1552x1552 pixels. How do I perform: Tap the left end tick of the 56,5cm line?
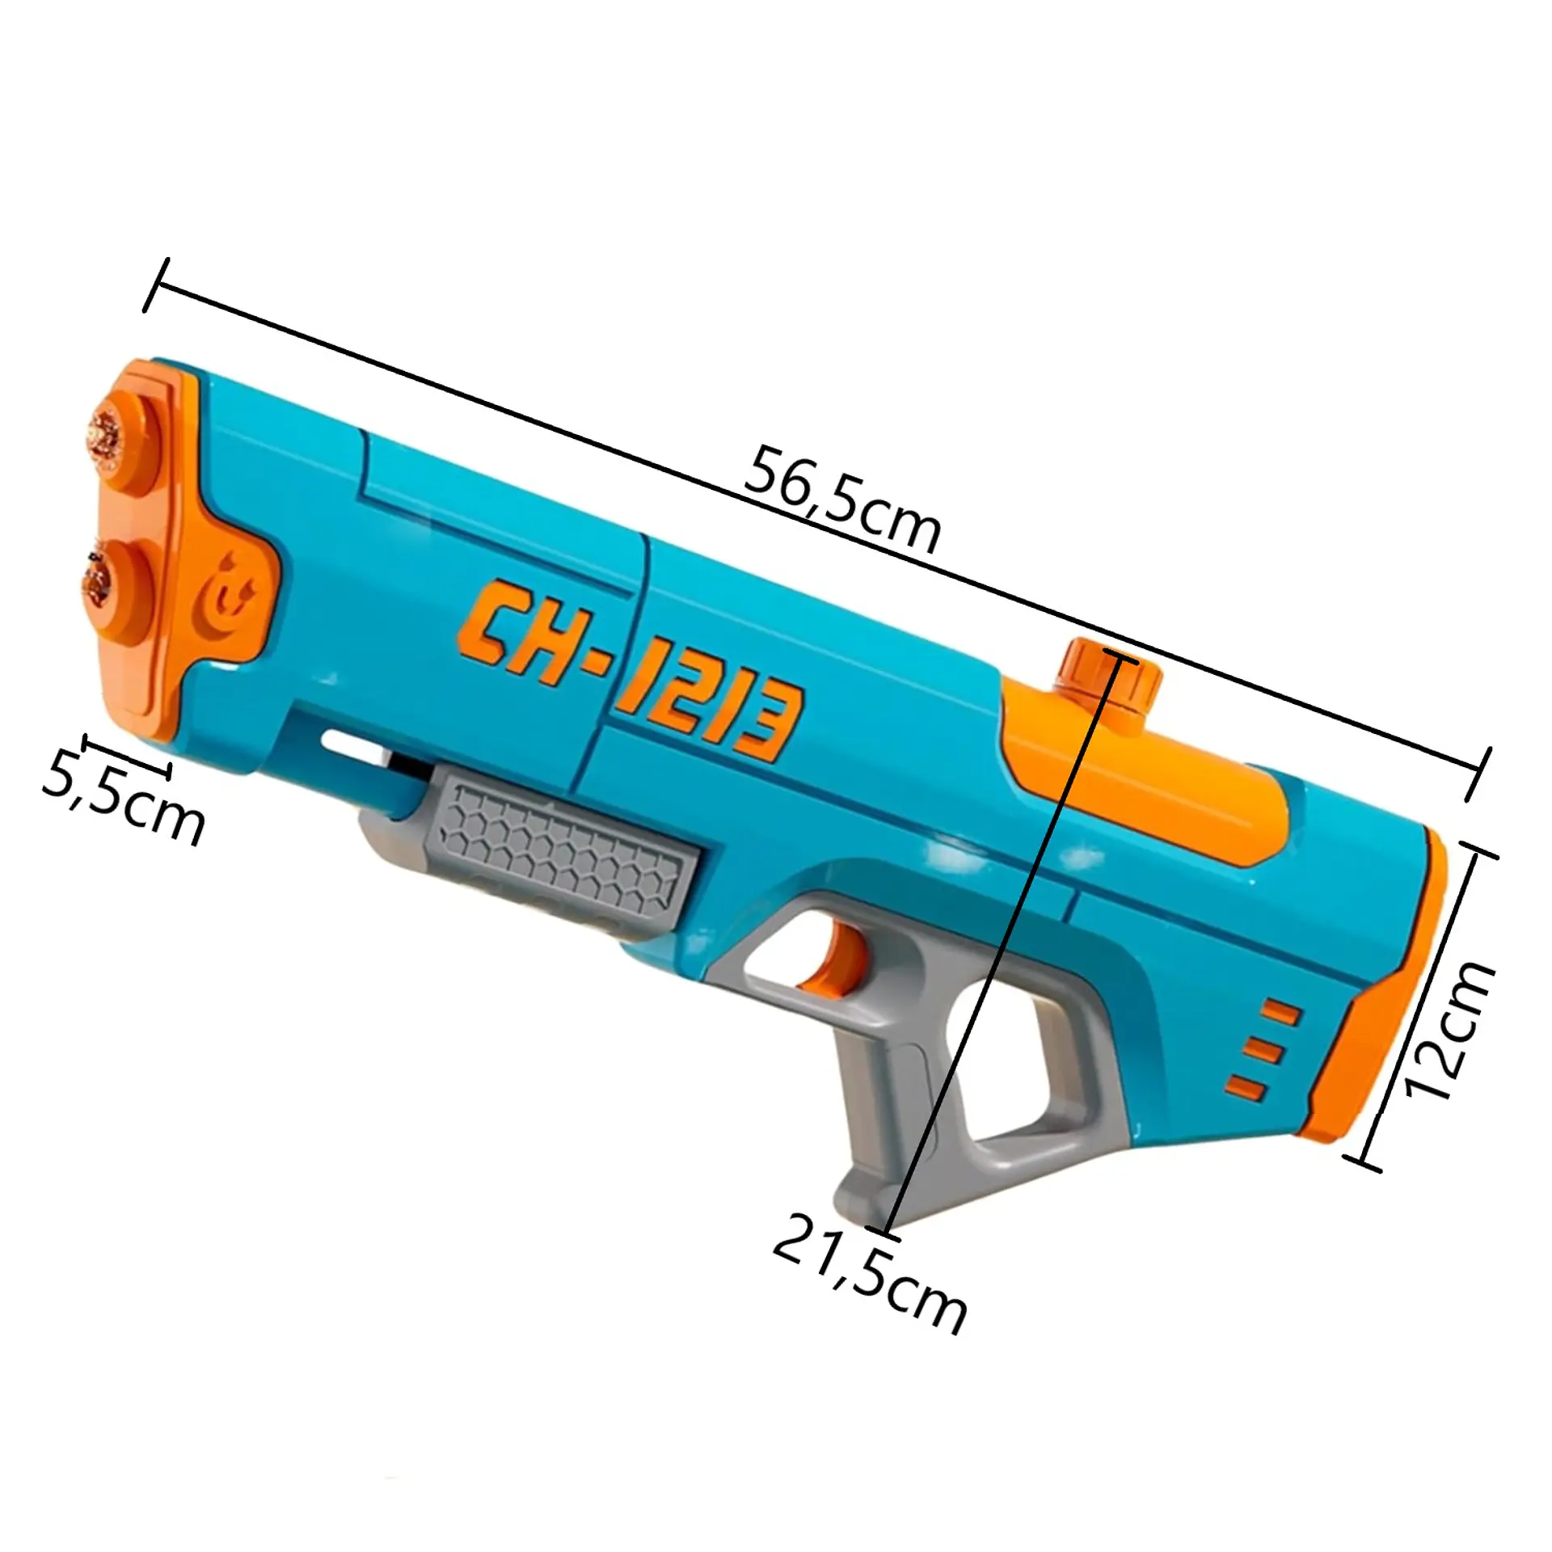click(x=156, y=285)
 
